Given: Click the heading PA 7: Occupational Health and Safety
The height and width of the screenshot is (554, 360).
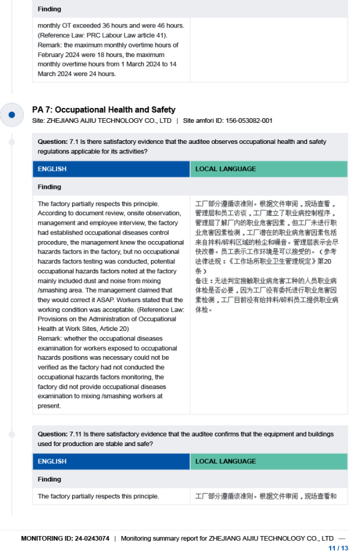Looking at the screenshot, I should [103, 110].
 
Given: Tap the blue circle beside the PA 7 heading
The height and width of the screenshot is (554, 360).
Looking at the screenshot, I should [11, 114].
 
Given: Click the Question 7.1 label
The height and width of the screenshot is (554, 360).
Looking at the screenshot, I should [53, 142].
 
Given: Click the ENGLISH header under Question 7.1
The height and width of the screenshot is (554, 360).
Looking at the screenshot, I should [52, 169].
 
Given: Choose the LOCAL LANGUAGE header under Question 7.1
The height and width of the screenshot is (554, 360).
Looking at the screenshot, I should [226, 169].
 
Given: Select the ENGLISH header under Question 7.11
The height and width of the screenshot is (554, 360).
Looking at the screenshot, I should [52, 462].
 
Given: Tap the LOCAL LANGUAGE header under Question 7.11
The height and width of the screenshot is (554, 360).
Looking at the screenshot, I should [226, 462].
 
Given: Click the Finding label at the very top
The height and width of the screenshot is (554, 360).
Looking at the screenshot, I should [49, 9].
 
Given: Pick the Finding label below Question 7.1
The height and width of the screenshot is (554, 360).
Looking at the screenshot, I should [49, 187].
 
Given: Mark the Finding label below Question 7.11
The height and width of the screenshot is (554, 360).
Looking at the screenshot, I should [49, 479].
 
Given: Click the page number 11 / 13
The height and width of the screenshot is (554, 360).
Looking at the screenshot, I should [338, 547].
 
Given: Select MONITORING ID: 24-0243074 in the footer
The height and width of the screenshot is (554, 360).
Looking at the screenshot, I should [65, 538].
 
